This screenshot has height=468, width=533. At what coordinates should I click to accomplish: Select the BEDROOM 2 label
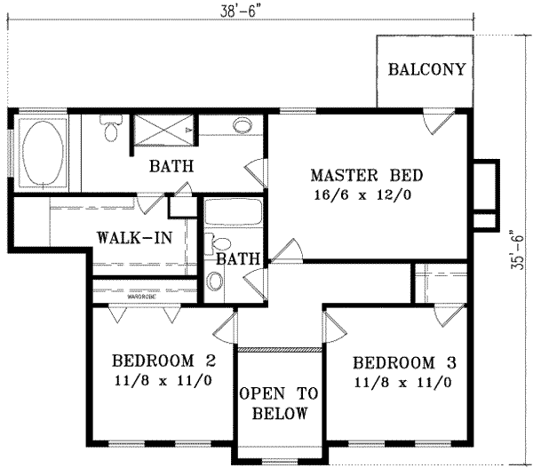point(164,361)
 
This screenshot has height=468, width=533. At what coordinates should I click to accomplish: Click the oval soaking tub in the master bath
point(41,154)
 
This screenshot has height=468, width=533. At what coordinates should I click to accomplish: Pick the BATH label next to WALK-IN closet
point(237,259)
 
